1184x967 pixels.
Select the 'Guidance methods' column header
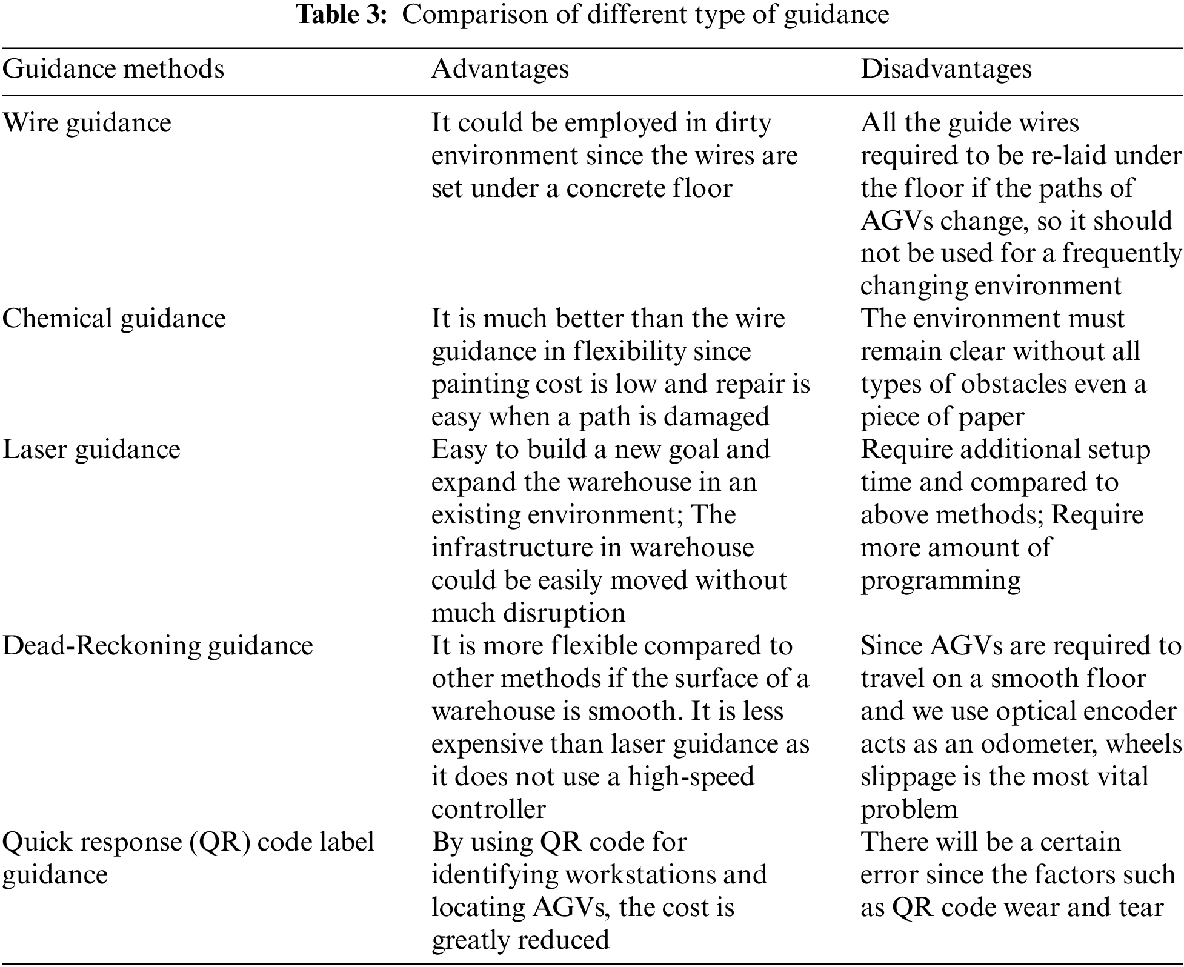[x=113, y=69]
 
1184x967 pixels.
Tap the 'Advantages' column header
[x=500, y=69]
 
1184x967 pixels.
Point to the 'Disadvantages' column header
[x=946, y=69]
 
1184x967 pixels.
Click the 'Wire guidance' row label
[x=87, y=123]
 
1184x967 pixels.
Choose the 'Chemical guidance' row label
[x=114, y=319]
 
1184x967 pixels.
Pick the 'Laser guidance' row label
[x=91, y=450]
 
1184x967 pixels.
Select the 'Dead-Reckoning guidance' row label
[x=158, y=646]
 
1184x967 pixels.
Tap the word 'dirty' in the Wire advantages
[x=742, y=123]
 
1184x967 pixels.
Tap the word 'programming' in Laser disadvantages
[x=940, y=581]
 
